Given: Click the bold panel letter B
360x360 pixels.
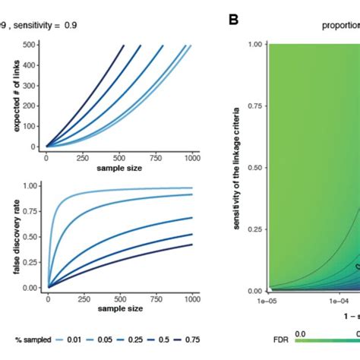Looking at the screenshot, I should pos(234,19).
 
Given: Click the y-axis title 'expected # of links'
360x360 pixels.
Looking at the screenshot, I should pos(15,98).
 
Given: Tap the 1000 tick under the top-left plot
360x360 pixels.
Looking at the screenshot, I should pos(193,157).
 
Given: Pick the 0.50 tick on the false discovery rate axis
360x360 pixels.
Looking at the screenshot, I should pos(31,237).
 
